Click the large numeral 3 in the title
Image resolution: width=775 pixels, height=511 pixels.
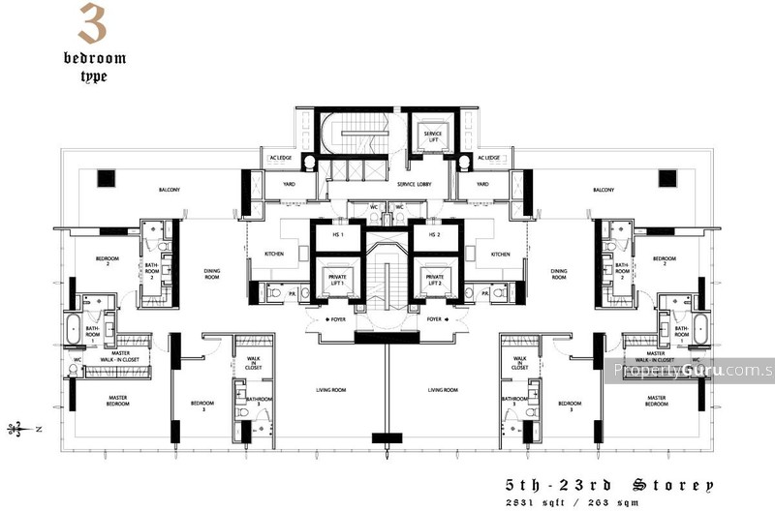[92, 25]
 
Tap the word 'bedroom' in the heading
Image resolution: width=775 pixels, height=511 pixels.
[94, 57]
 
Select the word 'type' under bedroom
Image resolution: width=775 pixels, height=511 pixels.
[94, 75]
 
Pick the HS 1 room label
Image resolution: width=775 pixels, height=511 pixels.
[338, 235]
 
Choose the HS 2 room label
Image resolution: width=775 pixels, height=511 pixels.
[434, 235]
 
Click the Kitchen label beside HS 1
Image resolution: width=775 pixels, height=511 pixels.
[273, 255]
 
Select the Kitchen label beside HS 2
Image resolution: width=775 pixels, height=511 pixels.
[500, 255]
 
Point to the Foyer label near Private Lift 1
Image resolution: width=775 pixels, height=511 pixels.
[338, 318]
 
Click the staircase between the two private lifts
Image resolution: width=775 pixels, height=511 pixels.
[387, 281]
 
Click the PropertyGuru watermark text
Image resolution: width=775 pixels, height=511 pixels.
[694, 370]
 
